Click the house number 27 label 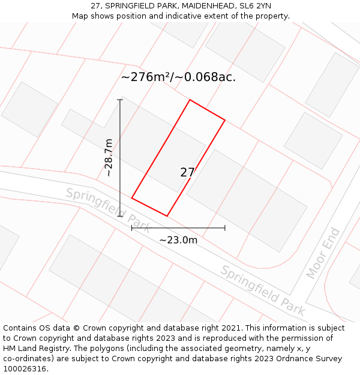point(187,172)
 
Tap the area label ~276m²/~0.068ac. point(178,77)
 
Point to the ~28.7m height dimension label point(109,157)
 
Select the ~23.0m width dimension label point(178,240)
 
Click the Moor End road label point(323,253)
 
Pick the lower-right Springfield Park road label point(262,290)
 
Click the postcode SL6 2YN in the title point(255,5)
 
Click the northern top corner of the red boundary point(190,100)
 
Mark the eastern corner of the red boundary point(225,120)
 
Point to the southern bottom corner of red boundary point(167,216)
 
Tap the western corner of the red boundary point(132,198)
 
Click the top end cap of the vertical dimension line point(120,100)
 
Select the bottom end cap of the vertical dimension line point(120,216)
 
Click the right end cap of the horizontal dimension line point(225,228)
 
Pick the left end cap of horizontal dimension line point(132,228)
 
